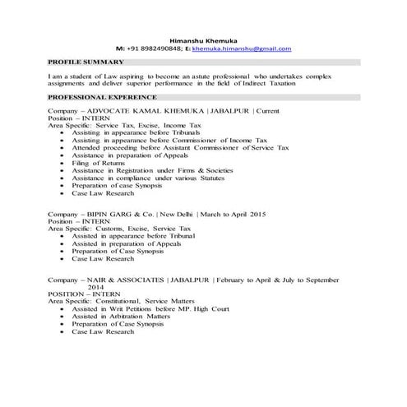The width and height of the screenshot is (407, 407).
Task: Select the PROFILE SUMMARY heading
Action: point(86,62)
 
